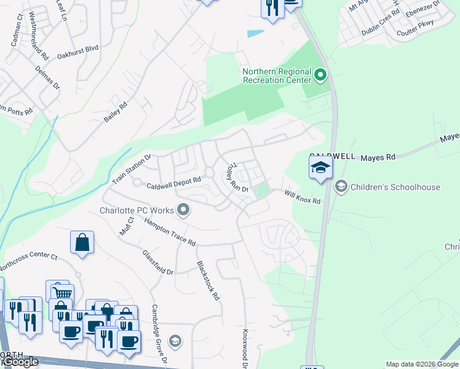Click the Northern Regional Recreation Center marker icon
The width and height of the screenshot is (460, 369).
coord(320,76)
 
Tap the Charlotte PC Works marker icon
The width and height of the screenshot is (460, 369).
coord(183,210)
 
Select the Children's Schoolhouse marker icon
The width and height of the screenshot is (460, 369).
coord(341,185)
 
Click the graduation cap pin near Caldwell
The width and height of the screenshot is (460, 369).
coord(320,168)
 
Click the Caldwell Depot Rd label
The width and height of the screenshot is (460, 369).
coord(174,183)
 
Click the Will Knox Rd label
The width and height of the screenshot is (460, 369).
coord(303,197)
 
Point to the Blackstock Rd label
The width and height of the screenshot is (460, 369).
coord(208,280)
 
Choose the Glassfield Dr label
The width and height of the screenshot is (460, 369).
coord(158,263)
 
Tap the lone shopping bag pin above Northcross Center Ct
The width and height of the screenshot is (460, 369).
coord(82,242)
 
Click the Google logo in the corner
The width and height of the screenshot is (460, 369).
coord(20,362)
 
